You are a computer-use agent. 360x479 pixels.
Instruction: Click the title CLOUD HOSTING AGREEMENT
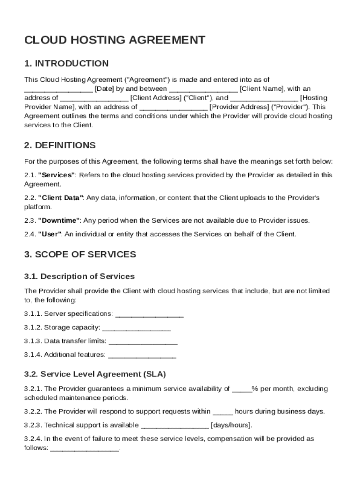(115, 40)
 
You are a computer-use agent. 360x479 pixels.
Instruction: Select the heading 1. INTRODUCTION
(66, 64)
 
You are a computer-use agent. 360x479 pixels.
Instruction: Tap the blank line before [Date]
(58, 89)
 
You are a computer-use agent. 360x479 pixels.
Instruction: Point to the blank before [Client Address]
(94, 98)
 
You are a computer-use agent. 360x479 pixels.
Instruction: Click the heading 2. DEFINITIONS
(60, 145)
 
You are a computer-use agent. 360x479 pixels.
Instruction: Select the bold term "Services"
(57, 175)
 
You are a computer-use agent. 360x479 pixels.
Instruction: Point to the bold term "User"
(50, 234)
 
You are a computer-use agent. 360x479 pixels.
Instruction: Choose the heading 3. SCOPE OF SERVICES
(80, 254)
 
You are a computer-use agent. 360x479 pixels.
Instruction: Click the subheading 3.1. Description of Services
(79, 276)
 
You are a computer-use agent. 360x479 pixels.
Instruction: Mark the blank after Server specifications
(149, 314)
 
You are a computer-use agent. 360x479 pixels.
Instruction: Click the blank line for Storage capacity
(137, 327)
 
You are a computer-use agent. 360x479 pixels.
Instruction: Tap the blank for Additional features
(142, 355)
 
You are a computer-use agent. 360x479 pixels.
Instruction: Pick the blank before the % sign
(242, 389)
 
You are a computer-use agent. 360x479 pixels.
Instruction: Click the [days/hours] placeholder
(232, 425)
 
